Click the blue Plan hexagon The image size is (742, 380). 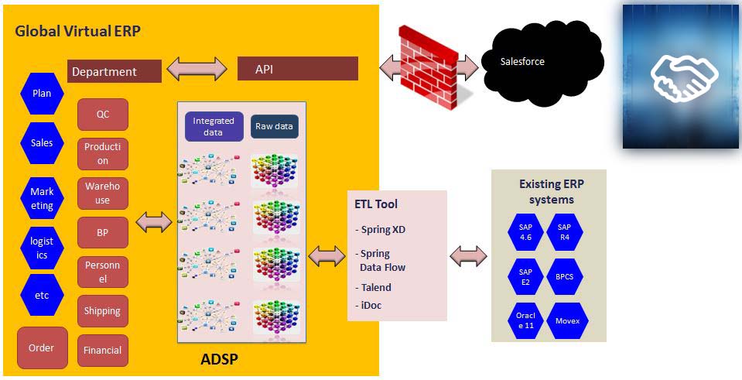click(42, 93)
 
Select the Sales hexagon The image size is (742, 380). click(42, 143)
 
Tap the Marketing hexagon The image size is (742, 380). click(42, 198)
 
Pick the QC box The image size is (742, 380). click(103, 115)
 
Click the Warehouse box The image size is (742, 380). click(103, 193)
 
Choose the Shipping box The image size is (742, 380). click(103, 311)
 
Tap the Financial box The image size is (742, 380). click(103, 351)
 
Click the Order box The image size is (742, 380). click(42, 347)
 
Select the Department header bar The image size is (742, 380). click(115, 71)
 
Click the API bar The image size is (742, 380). click(298, 69)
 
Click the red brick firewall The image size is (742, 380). click(429, 67)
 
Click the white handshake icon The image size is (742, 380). click(684, 77)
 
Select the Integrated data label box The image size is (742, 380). click(214, 126)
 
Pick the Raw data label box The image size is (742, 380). click(275, 126)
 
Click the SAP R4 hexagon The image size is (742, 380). click(565, 232)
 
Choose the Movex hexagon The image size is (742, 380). click(567, 321)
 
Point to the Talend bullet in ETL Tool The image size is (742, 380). click(374, 287)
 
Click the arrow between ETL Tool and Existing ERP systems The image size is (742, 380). click(468, 256)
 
